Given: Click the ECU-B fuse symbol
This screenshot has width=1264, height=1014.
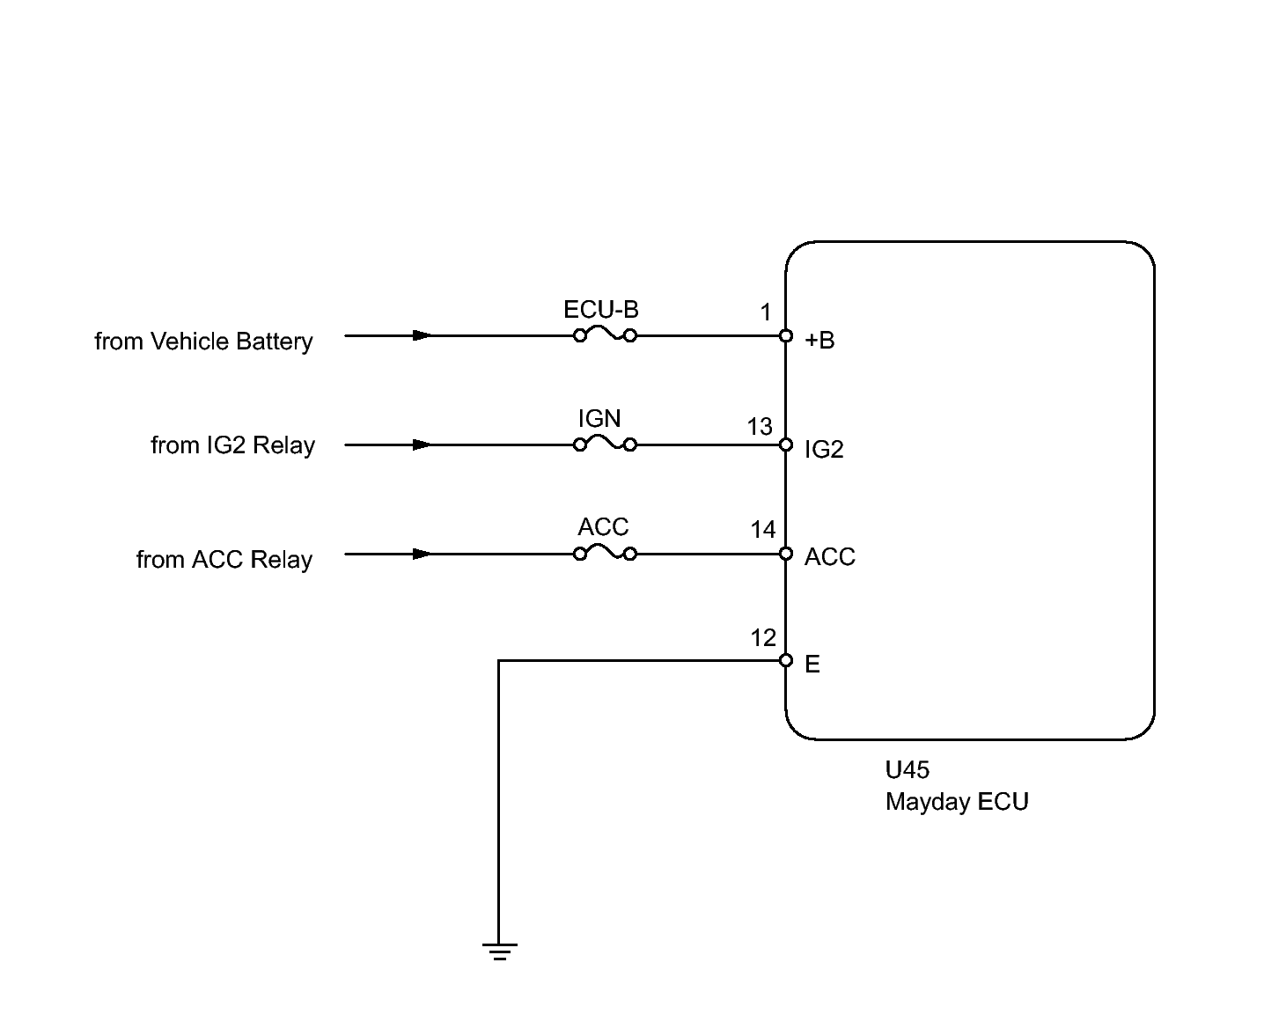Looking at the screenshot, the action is click(x=605, y=335).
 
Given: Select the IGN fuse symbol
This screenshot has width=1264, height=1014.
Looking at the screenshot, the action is click(x=605, y=445).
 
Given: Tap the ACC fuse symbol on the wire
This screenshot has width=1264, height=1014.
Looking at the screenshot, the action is click(x=605, y=554).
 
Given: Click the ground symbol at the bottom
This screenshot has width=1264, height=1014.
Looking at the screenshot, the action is click(x=499, y=952).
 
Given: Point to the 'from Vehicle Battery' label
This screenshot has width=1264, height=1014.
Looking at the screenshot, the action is click(x=204, y=342).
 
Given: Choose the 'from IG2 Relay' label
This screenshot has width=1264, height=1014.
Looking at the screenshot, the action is click(x=232, y=445).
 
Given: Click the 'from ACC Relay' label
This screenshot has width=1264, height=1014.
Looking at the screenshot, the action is click(x=224, y=559).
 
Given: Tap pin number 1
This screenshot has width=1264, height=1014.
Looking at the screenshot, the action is click(x=765, y=312).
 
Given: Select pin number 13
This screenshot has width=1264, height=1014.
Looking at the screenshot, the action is click(x=760, y=427).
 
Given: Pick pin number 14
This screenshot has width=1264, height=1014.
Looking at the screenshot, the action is click(x=763, y=530).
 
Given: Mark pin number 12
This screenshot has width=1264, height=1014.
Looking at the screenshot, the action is click(x=763, y=638).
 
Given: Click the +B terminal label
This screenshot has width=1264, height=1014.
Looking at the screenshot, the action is click(x=819, y=340).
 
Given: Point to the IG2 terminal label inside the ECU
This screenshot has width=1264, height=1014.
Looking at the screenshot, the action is click(x=824, y=450).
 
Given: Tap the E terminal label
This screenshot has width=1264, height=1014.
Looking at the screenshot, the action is click(x=812, y=665).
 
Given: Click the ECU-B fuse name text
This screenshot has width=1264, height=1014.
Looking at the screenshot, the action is click(x=601, y=310).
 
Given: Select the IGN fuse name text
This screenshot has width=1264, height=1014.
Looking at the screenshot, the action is click(x=599, y=419).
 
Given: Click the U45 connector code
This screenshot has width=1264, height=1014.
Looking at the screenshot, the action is click(x=908, y=770).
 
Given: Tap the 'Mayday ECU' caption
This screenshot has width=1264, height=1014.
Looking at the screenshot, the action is click(x=957, y=802).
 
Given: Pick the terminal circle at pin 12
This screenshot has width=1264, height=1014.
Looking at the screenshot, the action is click(x=786, y=660).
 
